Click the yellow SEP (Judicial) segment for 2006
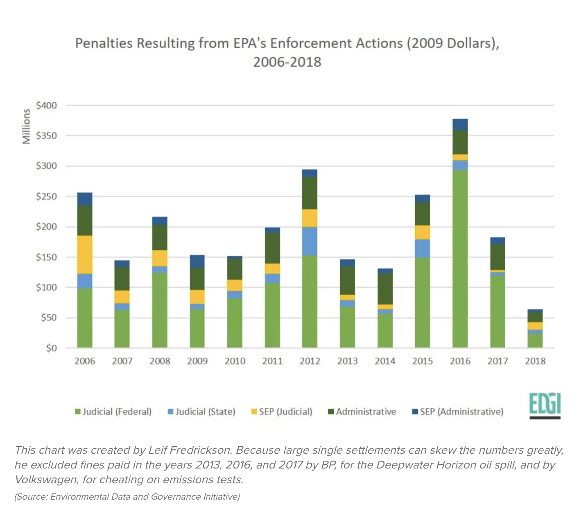pyautogui.click(x=85, y=254)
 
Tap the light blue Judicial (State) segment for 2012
pyautogui.click(x=310, y=241)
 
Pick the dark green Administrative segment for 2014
pyautogui.click(x=385, y=289)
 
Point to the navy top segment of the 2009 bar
pyautogui.click(x=197, y=261)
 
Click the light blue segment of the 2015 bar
pyautogui.click(x=422, y=248)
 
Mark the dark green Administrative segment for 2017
pyautogui.click(x=498, y=257)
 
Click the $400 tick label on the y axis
pyautogui.click(x=46, y=106)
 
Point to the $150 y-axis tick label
pyautogui.click(x=46, y=257)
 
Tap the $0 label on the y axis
pyautogui.click(x=51, y=348)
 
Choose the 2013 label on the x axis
pyautogui.click(x=347, y=361)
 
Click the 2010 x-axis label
pyautogui.click(x=235, y=361)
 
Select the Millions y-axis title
pyautogui.click(x=27, y=127)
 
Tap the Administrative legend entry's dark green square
pyautogui.click(x=331, y=412)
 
